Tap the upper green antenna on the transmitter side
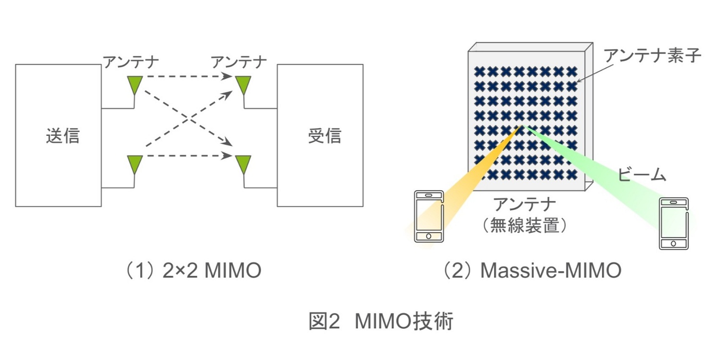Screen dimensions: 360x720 [x=134, y=84]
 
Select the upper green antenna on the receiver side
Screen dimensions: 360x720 [x=243, y=84]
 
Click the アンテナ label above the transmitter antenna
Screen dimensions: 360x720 [x=130, y=62]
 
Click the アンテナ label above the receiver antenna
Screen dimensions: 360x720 [x=239, y=62]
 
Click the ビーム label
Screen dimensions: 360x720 [x=642, y=175]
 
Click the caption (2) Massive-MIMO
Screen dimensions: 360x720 [x=532, y=271]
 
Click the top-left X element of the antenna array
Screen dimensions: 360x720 [x=480, y=72]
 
